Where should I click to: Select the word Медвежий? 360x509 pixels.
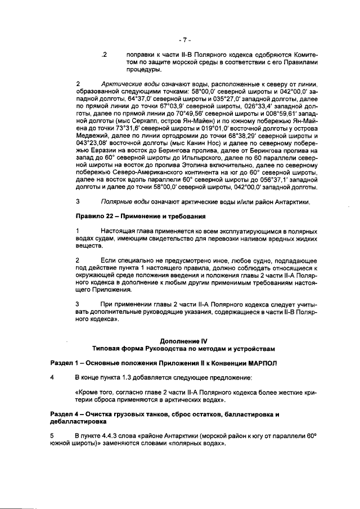pyautogui.click(x=93, y=136)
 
